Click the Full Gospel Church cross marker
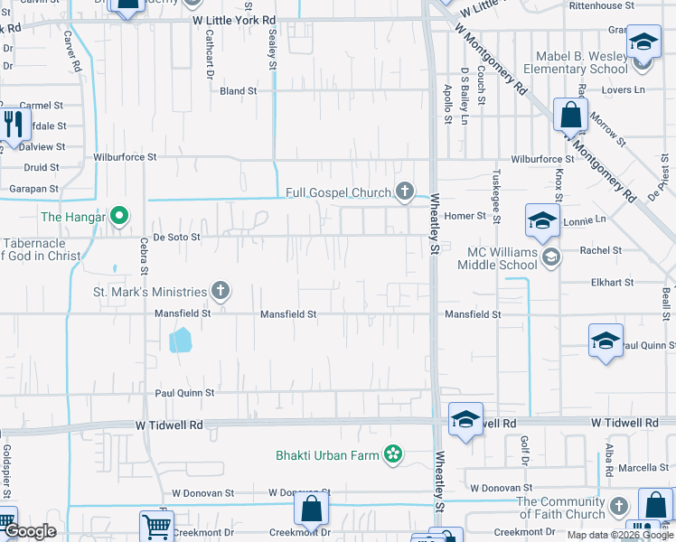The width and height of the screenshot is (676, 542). coord(406,192)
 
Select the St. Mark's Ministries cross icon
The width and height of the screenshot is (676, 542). coord(220,291)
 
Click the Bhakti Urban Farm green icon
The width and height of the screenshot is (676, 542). coord(393,454)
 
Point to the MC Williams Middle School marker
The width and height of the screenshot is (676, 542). coord(550,258)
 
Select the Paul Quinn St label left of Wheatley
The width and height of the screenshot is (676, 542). coord(184,393)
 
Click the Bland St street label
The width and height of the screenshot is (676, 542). coord(239,91)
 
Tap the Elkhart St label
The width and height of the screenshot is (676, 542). coord(615,283)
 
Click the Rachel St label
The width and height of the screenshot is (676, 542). coord(601,250)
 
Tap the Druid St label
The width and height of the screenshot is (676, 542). coord(42,167)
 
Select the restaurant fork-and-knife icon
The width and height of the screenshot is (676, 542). coord(13,124)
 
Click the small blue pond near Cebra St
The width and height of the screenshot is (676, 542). coord(181,340)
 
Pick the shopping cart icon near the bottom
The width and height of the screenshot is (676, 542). coord(157,526)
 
